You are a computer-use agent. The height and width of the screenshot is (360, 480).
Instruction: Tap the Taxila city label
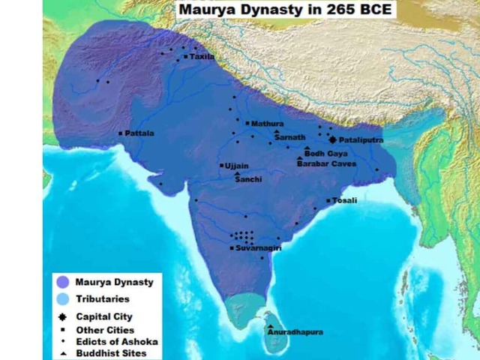[x=202, y=56]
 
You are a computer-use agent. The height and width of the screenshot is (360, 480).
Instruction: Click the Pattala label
[x=139, y=133]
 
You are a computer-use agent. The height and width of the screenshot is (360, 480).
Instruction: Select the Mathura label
[x=268, y=123]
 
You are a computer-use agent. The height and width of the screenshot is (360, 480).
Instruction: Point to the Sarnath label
[x=289, y=138]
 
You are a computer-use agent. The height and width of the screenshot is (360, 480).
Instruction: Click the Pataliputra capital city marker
[x=332, y=139]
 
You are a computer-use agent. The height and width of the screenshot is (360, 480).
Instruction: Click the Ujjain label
[x=236, y=166]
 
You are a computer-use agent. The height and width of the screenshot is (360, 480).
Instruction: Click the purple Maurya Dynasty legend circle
[x=62, y=283]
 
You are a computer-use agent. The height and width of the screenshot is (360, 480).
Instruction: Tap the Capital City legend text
[x=104, y=316]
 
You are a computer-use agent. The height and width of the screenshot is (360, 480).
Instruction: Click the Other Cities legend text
[x=105, y=329]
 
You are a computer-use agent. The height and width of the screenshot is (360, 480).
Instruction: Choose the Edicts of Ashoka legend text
[x=111, y=341]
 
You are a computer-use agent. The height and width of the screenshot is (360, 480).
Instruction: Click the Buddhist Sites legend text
[x=111, y=352]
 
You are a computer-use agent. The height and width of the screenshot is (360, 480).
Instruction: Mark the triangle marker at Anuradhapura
[x=270, y=326]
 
